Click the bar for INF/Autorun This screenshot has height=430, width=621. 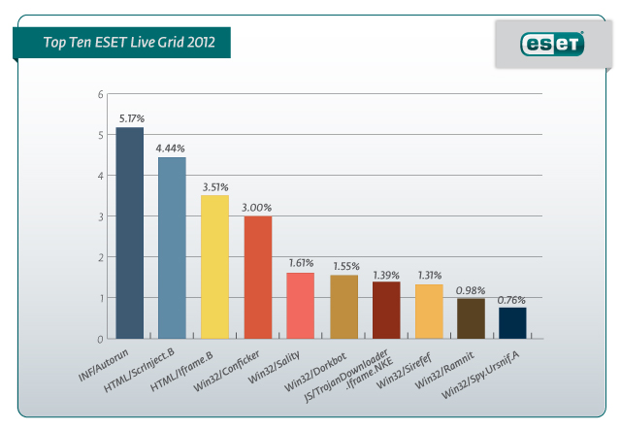tap(129, 233)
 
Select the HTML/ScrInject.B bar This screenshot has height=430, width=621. tap(172, 248)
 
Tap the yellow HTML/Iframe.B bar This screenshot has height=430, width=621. tap(214, 267)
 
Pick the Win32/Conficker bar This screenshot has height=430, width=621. tap(257, 278)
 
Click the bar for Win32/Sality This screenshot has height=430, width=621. tap(300, 306)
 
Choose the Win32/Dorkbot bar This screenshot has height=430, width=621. tap(343, 307)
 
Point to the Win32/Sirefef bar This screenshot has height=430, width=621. tap(429, 312)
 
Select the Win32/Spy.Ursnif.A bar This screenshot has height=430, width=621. tap(513, 323)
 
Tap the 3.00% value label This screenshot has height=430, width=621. tap(257, 208)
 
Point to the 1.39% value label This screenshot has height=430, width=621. tap(386, 275)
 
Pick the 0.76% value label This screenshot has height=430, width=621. tap(512, 300)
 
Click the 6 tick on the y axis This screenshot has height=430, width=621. tap(99, 95)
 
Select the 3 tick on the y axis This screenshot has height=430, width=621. tap(99, 217)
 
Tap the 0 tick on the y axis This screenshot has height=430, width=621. tap(99, 340)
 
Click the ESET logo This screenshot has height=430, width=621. tap(552, 44)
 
